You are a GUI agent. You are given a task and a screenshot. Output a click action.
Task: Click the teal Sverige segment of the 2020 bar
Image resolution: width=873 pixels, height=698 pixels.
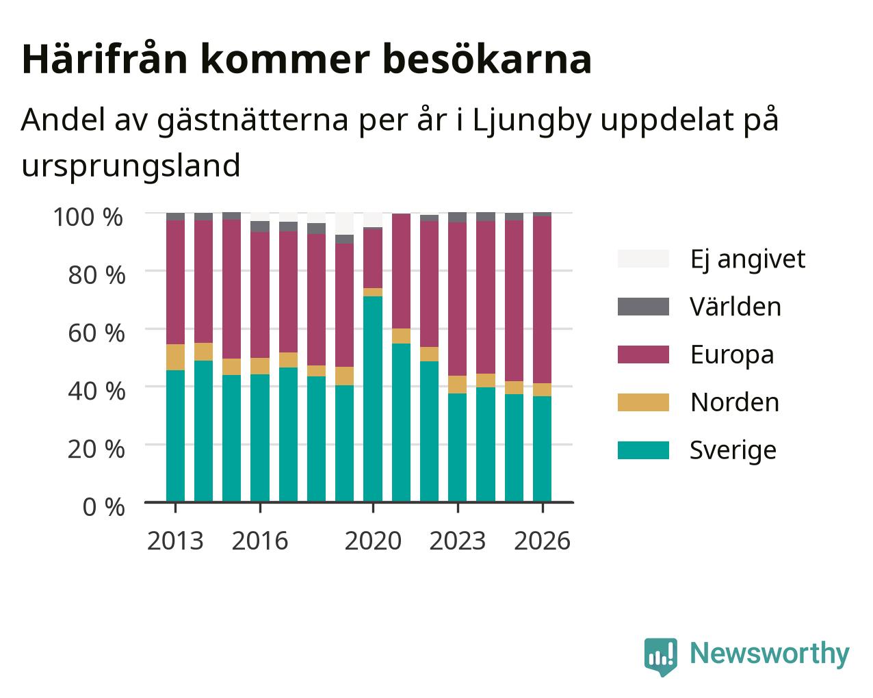pyautogui.click(x=373, y=399)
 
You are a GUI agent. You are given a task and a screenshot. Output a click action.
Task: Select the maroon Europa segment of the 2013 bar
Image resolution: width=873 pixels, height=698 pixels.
pyautogui.click(x=175, y=282)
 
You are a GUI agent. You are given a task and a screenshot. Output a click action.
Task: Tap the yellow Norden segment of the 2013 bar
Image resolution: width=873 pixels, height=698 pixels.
pyautogui.click(x=175, y=357)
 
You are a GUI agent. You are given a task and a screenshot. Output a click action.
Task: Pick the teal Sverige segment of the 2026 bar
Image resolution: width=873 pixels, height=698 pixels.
pyautogui.click(x=542, y=449)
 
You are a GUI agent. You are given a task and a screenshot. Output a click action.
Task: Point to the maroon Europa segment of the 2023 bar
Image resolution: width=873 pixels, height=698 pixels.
pyautogui.click(x=457, y=299)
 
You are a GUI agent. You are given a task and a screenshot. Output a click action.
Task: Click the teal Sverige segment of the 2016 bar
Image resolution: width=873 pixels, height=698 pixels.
pyautogui.click(x=259, y=438)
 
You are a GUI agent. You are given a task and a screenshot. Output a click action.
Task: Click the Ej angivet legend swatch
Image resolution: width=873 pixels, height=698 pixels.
pyautogui.click(x=643, y=259)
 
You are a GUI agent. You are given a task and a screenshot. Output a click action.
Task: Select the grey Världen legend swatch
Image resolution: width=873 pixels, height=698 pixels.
pyautogui.click(x=643, y=307)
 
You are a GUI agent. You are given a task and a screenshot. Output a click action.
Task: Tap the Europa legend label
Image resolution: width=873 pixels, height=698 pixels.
pyautogui.click(x=732, y=355)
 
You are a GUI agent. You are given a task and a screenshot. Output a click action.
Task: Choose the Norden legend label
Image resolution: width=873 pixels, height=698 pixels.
pyautogui.click(x=735, y=402)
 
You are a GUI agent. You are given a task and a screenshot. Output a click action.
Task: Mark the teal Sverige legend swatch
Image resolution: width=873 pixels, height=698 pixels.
pyautogui.click(x=643, y=450)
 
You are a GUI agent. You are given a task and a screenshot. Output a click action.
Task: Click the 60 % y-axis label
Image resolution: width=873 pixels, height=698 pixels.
pyautogui.click(x=96, y=333)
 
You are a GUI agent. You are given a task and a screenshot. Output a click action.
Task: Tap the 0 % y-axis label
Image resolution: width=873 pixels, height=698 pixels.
pyautogui.click(x=103, y=507)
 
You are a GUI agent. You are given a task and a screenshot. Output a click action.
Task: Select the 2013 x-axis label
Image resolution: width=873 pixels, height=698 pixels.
pyautogui.click(x=175, y=541)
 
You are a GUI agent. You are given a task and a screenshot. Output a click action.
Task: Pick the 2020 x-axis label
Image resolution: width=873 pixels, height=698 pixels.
pyautogui.click(x=373, y=541)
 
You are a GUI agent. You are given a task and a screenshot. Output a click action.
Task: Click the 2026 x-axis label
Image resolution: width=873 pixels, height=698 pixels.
pyautogui.click(x=542, y=541)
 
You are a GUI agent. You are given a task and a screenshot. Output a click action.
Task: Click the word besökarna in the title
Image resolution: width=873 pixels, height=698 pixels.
pyautogui.click(x=487, y=59)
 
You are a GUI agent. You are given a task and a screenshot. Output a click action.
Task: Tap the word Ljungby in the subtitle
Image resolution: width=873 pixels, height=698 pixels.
pyautogui.click(x=532, y=121)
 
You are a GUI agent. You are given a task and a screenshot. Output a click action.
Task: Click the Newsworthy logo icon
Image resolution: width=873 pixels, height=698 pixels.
pyautogui.click(x=660, y=655)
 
